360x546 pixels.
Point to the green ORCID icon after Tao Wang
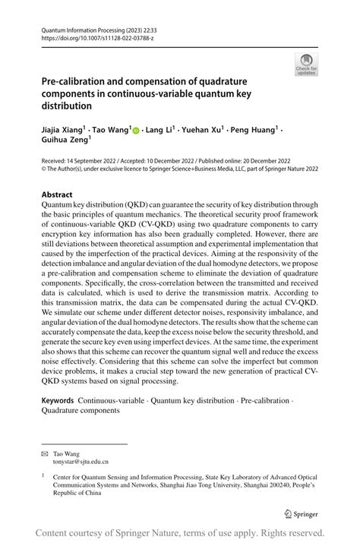pyautogui.click(x=136, y=131)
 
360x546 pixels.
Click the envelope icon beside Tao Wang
pyautogui.click(x=44, y=452)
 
